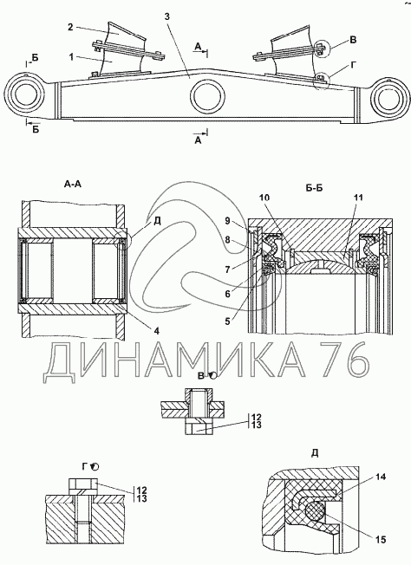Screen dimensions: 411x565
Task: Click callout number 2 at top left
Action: [70, 27]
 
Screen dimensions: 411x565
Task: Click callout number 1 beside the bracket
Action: [71, 57]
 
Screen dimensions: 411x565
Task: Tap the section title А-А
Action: [73, 185]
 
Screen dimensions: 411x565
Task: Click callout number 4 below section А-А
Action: [157, 330]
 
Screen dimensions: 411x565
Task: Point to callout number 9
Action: [227, 220]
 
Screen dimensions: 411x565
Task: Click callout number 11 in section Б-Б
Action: [358, 198]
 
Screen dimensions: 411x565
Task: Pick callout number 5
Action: [227, 321]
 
